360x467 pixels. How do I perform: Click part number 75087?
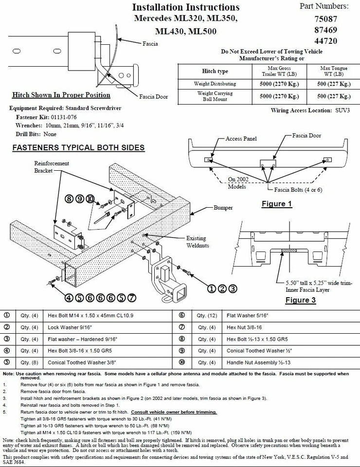tap(327, 19)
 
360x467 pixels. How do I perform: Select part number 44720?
tap(327, 41)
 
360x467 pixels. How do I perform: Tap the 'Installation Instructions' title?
tap(186, 7)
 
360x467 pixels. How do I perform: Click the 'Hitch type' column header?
tap(215, 71)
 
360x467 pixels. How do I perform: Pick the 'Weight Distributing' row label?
tap(215, 84)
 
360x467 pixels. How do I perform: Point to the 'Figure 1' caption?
tap(276, 204)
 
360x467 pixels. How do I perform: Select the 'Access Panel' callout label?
tap(241, 139)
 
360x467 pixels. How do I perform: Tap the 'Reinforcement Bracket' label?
tap(52, 167)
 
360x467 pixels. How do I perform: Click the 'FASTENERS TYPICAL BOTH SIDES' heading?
tap(78, 147)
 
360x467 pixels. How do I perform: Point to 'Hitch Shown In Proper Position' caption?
tap(61, 95)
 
